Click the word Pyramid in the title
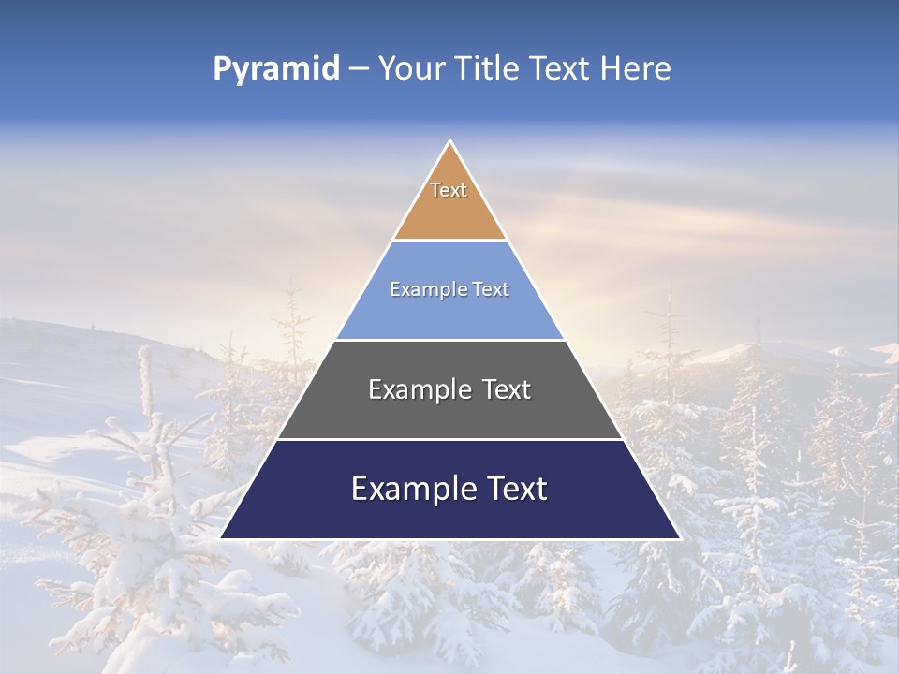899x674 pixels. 275,69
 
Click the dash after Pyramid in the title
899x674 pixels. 358,69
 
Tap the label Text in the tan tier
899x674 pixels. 449,190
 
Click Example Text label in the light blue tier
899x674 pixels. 449,289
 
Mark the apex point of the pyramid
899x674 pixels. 450,140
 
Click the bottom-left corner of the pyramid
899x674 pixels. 221,538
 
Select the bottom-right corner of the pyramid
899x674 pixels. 680,538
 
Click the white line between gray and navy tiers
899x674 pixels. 450,439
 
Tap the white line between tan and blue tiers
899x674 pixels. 450,241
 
